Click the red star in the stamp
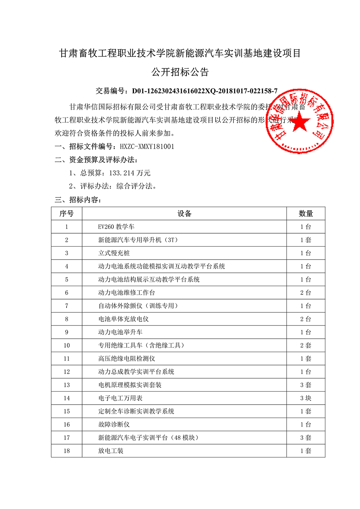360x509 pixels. coord(299,123)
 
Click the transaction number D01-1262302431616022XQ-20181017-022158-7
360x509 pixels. coord(204,91)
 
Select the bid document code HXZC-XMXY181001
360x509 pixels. coord(147,147)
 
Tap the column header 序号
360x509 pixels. coord(67,213)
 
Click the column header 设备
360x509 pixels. coord(184,213)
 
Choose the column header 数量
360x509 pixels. coord(306,213)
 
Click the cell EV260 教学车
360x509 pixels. coord(116,227)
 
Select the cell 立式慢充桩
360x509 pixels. coord(114,253)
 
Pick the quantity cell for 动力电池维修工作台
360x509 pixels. coord(306,293)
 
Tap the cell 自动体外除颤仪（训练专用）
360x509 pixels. coord(138,306)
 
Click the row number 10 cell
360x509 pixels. coord(67,346)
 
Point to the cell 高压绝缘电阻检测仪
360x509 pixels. coord(127,359)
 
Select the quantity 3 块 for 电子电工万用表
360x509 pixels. coord(306,398)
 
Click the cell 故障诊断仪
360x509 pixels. coord(114,424)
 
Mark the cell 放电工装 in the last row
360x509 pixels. coord(111,451)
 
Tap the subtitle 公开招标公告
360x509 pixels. coord(180,72)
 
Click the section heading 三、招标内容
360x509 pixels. coord(78,200)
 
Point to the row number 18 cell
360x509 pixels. coord(67,451)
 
